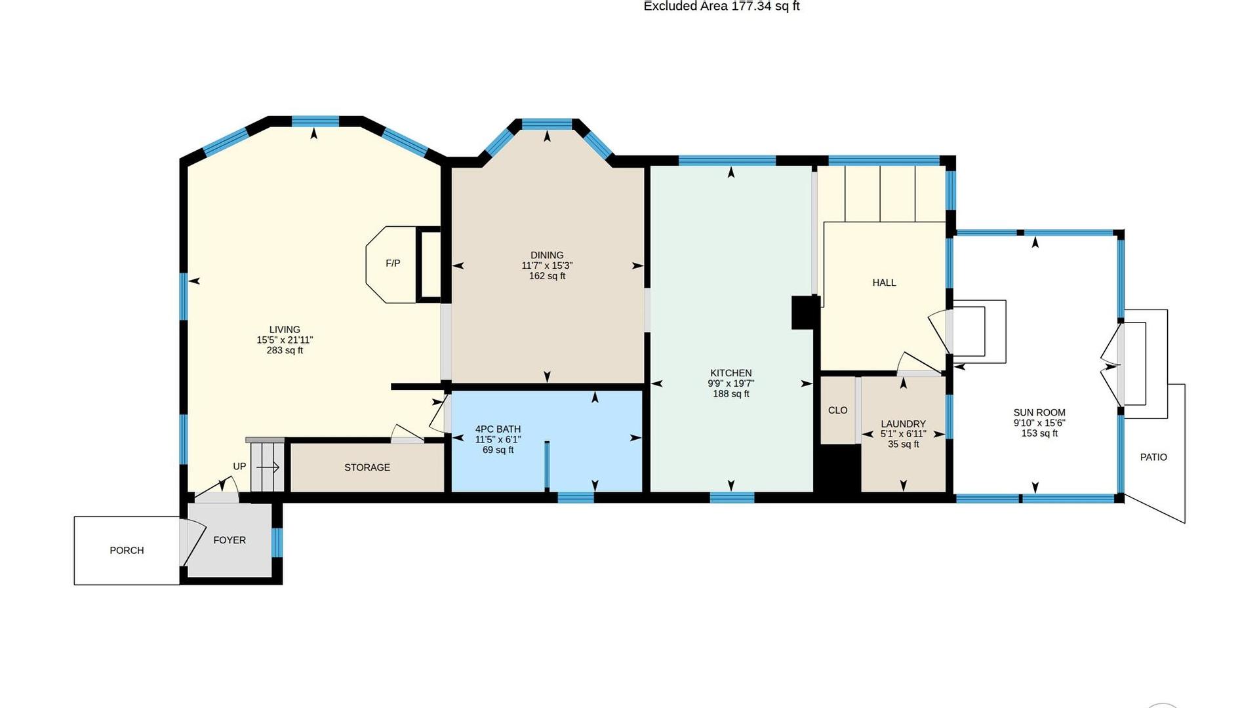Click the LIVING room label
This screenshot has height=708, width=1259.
[285, 330]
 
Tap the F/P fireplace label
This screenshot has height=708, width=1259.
[393, 264]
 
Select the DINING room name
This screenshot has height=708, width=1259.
[547, 255]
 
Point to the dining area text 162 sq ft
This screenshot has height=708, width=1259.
[547, 276]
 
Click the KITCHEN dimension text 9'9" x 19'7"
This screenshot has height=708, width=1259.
[730, 383]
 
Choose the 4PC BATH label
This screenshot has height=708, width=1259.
[498, 429]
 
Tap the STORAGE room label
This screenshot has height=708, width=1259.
[367, 467]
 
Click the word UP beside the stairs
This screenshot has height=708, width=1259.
[239, 466]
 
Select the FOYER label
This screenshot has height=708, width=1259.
[230, 540]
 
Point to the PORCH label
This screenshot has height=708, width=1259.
[127, 551]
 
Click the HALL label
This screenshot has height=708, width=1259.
[884, 283]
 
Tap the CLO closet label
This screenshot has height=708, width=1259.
[837, 410]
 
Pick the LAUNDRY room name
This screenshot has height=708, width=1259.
[903, 424]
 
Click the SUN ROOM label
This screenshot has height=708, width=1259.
[1039, 412]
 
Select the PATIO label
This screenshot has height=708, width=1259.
[1153, 457]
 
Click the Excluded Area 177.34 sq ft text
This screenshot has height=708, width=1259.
[721, 7]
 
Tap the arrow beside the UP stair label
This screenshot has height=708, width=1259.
[268, 467]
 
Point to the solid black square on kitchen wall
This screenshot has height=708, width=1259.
[805, 312]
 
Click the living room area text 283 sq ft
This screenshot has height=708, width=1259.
[285, 350]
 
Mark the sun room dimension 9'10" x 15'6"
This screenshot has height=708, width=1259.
[1039, 423]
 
